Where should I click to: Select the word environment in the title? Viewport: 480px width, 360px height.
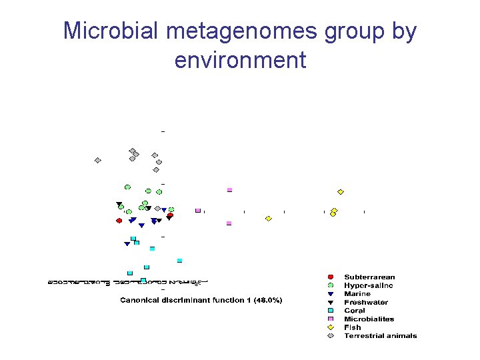tap(240, 60)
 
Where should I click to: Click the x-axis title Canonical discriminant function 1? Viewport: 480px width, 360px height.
tap(201, 300)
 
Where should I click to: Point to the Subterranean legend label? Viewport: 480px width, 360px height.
tap(369, 277)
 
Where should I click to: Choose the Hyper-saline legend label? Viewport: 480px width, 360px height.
tap(368, 285)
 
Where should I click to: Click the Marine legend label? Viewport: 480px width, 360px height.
tap(357, 294)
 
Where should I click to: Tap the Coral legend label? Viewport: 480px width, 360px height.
tap(355, 311)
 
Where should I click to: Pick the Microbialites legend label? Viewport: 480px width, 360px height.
tap(369, 319)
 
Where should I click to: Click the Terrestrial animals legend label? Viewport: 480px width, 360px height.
tap(380, 335)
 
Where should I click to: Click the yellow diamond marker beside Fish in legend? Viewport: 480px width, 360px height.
tap(330, 327)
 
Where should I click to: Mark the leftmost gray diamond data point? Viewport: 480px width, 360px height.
tap(98, 160)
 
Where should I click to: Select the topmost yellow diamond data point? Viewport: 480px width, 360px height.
tap(341, 192)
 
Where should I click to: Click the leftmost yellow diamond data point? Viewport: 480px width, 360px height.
tap(269, 219)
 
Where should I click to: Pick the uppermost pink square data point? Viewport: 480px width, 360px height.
tap(229, 190)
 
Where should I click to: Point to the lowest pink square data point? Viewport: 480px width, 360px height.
tap(229, 223)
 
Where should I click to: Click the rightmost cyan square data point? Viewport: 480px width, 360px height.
tap(179, 260)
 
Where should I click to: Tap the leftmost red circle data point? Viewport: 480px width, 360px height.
tap(119, 220)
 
